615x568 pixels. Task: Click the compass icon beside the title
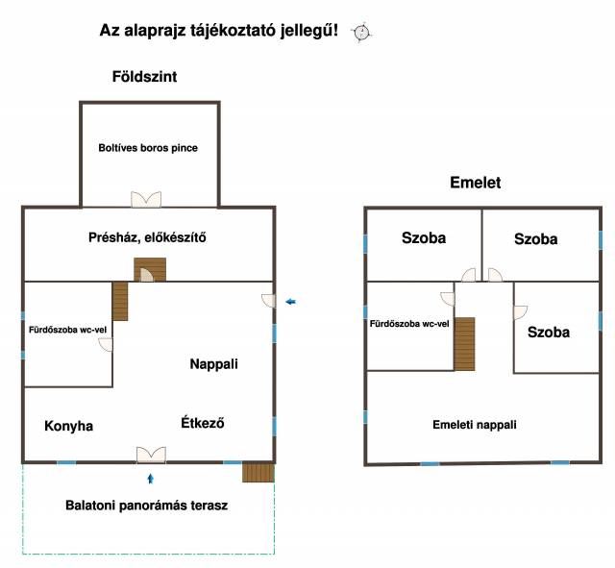(362, 32)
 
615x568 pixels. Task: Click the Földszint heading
(144, 76)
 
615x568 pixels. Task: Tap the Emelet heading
(475, 183)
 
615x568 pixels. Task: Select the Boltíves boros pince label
(148, 148)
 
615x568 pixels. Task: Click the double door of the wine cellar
(148, 199)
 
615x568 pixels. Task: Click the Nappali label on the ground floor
(213, 364)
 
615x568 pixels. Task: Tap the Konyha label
(69, 426)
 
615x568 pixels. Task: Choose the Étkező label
(203, 423)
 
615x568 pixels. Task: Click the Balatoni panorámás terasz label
(146, 505)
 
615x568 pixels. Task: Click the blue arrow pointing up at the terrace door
(150, 477)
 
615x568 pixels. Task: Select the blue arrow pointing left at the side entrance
(290, 303)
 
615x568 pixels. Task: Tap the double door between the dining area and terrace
(150, 455)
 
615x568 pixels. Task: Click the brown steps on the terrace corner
(258, 472)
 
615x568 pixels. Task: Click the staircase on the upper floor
(465, 343)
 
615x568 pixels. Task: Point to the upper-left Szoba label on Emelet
(424, 238)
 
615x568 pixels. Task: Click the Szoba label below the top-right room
(549, 333)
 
